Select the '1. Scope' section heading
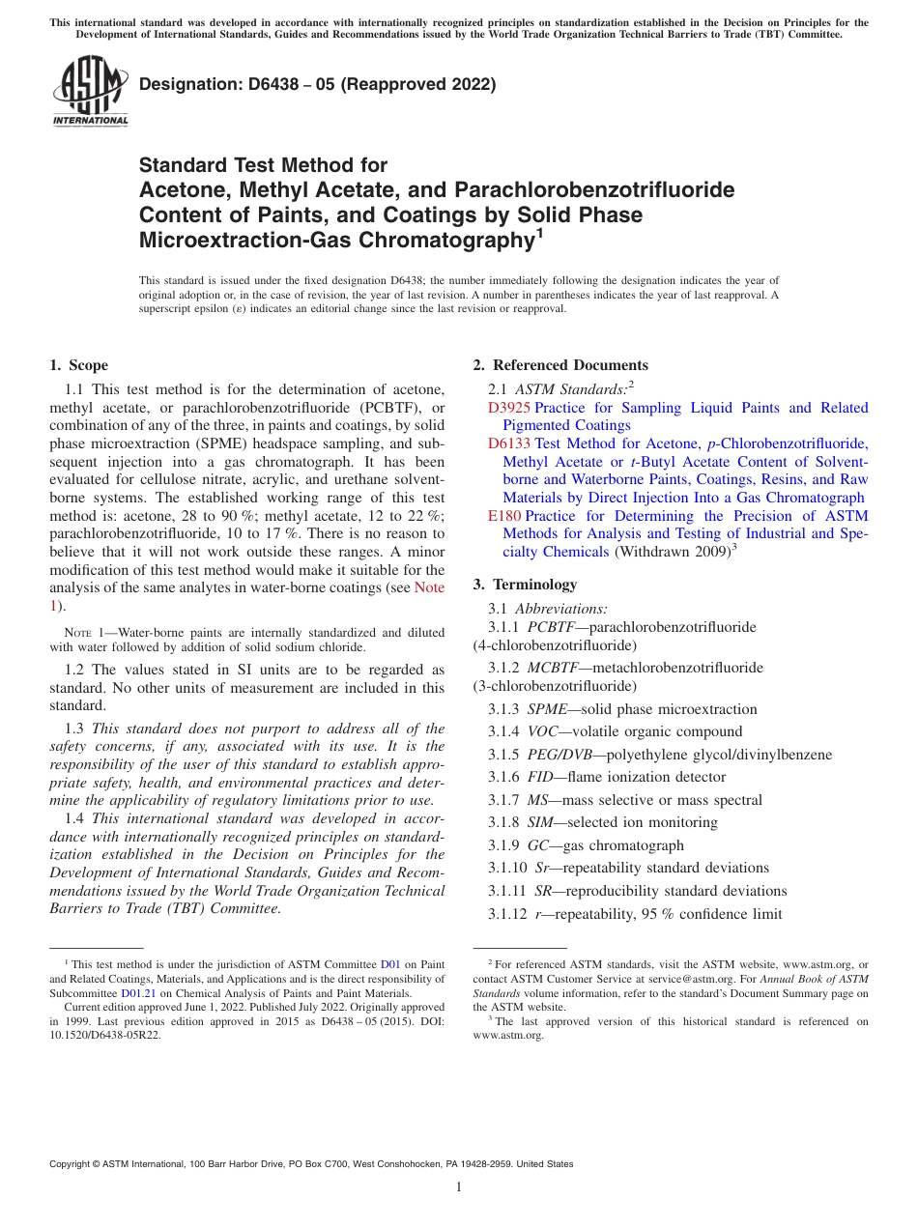(78, 365)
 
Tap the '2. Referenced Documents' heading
(560, 365)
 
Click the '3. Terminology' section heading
(525, 585)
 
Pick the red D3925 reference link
(509, 408)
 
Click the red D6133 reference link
(509, 443)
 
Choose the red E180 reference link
(505, 516)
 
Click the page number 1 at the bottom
(459, 1187)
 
